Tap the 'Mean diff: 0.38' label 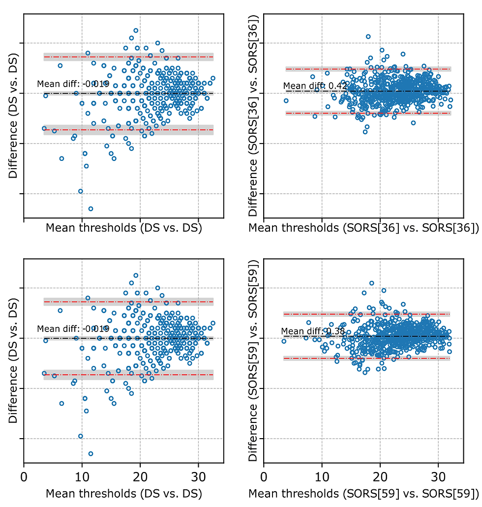coord(313,331)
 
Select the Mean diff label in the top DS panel coord(73,84)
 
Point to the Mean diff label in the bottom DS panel coord(73,329)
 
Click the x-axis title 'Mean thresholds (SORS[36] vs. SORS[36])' coord(363,228)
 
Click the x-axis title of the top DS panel coord(124,228)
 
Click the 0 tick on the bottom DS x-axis coord(24,477)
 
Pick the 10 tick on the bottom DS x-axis coord(82,477)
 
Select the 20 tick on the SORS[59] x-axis coord(380,477)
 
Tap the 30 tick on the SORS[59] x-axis coord(438,477)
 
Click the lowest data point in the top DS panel coord(90,209)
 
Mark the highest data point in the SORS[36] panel coord(368,36)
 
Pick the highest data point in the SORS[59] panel coord(372,283)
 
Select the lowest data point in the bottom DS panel coord(90,453)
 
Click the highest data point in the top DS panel coord(136,30)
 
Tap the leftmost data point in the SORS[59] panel coord(284,341)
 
